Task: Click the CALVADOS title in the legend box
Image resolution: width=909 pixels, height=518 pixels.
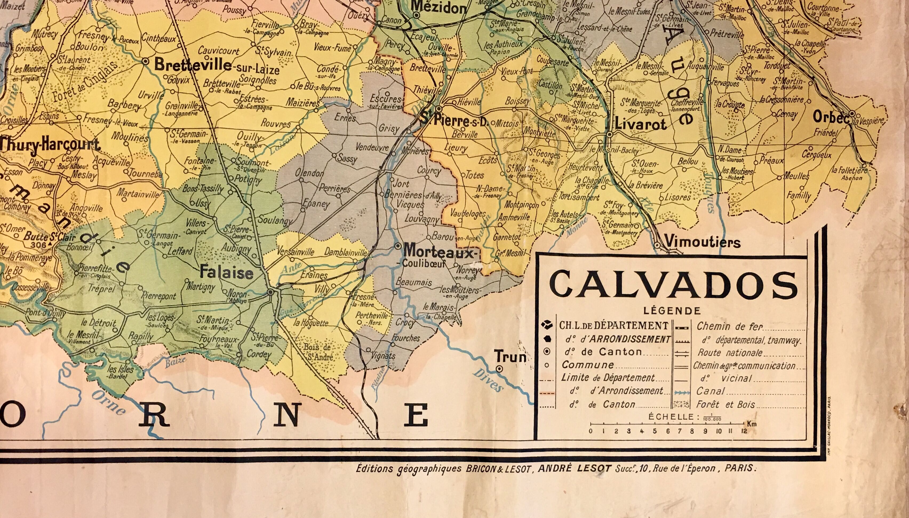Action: [673, 286]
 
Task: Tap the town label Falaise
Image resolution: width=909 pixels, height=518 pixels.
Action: [226, 273]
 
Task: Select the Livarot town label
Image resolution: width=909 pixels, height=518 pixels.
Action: [640, 124]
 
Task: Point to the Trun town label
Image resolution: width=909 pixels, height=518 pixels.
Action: [510, 356]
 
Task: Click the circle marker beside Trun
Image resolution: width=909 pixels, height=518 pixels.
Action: [499, 369]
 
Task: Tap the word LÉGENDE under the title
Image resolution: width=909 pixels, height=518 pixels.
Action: [672, 311]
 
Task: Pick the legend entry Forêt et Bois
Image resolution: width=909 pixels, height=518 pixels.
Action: [725, 405]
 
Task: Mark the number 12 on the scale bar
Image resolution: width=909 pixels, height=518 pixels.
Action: [744, 431]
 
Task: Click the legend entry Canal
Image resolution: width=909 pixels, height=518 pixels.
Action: [710, 391]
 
